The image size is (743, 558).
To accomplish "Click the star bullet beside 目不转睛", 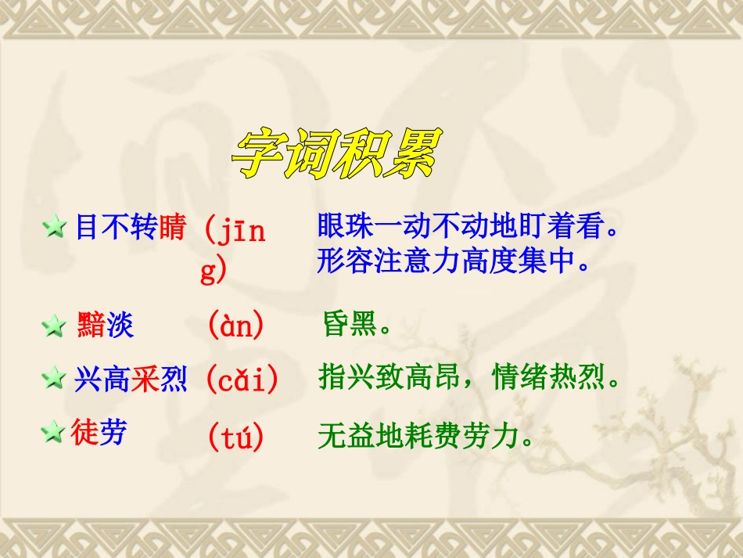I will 55,229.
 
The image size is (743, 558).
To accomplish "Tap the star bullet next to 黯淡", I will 54,326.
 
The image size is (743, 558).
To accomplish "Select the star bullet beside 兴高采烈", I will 54,380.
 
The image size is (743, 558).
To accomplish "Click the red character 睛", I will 172,228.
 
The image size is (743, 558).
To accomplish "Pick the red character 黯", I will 91,325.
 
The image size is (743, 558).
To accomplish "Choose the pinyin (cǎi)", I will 242,380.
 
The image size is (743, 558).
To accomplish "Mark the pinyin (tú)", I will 235,437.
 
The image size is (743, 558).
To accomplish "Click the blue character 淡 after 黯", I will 120,325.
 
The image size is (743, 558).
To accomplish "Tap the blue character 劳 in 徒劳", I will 113,431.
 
